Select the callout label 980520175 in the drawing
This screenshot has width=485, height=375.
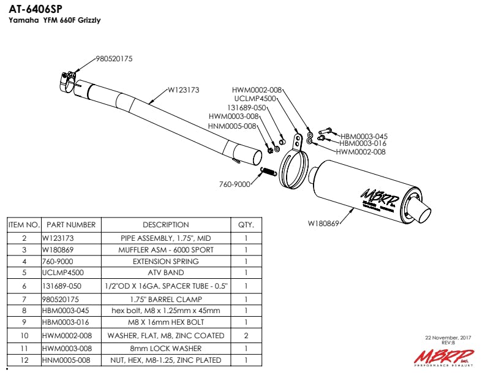point(114,59)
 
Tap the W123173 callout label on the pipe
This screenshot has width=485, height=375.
point(184,90)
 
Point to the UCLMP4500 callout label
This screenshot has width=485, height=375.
point(255,98)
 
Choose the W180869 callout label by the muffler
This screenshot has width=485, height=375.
point(323,224)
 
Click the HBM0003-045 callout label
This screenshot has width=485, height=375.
point(364,136)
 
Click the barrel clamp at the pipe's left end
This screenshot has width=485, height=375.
point(69,79)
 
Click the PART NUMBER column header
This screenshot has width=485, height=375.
point(71,225)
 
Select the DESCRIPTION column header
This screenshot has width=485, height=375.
point(165,225)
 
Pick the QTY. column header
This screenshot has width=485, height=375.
point(246,225)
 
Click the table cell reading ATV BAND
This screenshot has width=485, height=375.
point(165,272)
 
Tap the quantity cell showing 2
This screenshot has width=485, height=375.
point(246,335)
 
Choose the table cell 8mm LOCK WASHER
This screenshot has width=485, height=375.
point(165,348)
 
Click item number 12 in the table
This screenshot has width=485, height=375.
point(24,360)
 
